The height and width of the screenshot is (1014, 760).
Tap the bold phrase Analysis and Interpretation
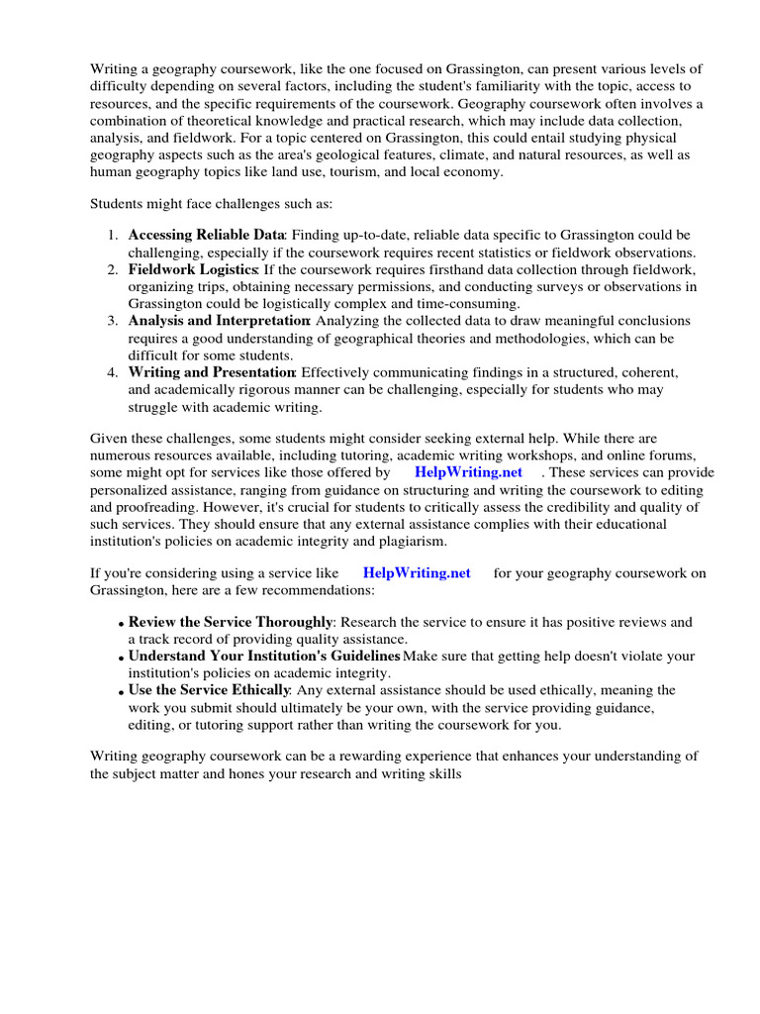[x=219, y=321]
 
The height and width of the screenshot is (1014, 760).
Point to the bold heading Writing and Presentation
[x=212, y=371]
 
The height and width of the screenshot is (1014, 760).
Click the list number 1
[x=112, y=236]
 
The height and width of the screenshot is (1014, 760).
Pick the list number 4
[x=112, y=372]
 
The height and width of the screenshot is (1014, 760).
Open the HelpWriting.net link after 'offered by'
[x=468, y=472]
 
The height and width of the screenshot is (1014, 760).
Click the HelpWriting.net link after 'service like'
[x=417, y=572]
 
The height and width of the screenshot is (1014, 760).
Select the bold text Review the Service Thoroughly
[x=230, y=622]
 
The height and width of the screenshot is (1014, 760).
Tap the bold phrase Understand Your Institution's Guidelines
[x=264, y=656]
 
